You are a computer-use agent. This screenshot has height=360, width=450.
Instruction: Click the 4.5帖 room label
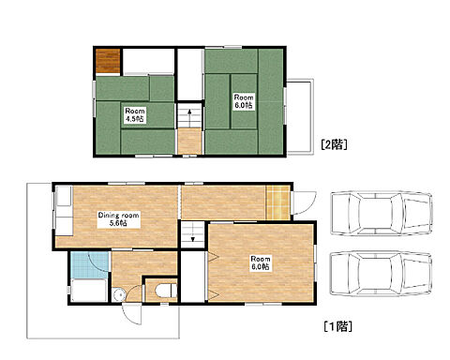pos(135,115)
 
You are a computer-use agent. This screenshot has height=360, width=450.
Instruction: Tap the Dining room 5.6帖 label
pos(118,219)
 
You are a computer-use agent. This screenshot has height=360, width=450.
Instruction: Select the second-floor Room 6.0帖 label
pos(244,101)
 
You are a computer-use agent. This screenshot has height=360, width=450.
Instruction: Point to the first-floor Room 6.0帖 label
pos(261,262)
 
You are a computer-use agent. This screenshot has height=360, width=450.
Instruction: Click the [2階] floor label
pos(334,144)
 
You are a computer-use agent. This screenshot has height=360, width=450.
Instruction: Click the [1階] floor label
pos(338,326)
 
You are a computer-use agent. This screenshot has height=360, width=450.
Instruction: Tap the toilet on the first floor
pos(165,291)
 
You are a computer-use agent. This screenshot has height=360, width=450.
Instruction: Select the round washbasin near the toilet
pos(119,294)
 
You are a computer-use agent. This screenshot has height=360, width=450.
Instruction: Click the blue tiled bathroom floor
pos(90,264)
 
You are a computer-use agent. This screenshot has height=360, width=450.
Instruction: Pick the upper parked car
pos(382,213)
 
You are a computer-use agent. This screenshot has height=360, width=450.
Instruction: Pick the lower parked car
pos(382,274)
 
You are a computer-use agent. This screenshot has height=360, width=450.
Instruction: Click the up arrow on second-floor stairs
pos(189,114)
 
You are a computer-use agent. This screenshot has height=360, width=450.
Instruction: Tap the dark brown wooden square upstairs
pos(108,61)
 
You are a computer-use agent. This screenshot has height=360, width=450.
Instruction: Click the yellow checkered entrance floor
pos(277,202)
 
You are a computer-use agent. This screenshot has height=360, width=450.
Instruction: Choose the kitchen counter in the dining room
pos(64,211)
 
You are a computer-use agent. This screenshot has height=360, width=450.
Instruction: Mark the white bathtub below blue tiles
pos(89,291)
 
